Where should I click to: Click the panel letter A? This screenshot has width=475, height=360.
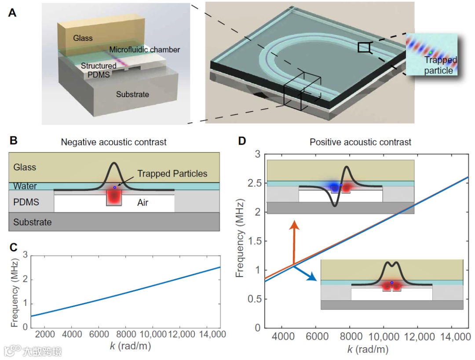(x=12, y=13)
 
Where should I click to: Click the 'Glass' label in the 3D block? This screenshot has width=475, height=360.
(x=83, y=38)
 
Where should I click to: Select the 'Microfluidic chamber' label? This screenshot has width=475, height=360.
(x=144, y=50)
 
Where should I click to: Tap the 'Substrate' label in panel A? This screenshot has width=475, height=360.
(x=132, y=94)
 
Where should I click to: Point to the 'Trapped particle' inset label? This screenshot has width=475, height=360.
(x=440, y=65)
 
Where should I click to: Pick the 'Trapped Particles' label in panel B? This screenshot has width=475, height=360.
(x=172, y=174)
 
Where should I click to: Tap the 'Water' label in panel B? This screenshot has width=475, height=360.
(x=25, y=186)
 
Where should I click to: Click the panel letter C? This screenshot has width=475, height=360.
(x=13, y=247)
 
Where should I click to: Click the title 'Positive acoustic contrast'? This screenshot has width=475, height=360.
(x=360, y=142)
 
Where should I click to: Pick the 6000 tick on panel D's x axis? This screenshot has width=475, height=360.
(x=315, y=338)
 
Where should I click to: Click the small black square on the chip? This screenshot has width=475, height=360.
(x=364, y=47)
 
